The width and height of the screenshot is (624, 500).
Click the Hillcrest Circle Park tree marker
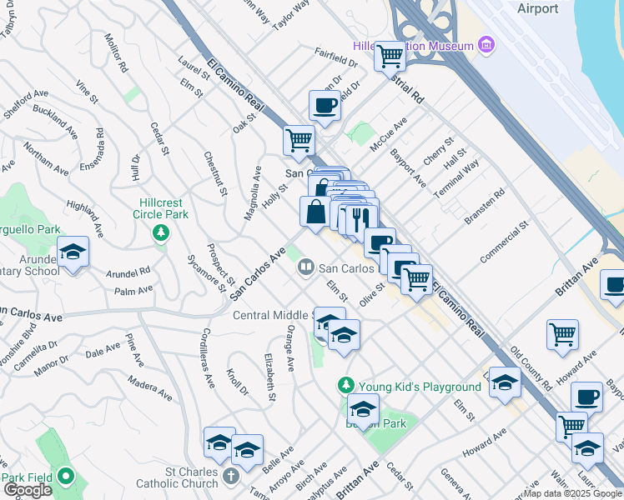160,232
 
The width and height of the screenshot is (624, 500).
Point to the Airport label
537,8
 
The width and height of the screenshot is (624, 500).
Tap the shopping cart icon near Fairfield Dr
390,57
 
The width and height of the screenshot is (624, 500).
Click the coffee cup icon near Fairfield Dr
325,106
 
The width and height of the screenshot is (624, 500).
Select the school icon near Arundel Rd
73,252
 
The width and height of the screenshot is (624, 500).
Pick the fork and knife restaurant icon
361,219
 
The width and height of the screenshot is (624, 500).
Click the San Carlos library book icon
305,267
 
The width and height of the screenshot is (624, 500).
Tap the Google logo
28,489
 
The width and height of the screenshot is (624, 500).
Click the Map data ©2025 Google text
572,493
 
